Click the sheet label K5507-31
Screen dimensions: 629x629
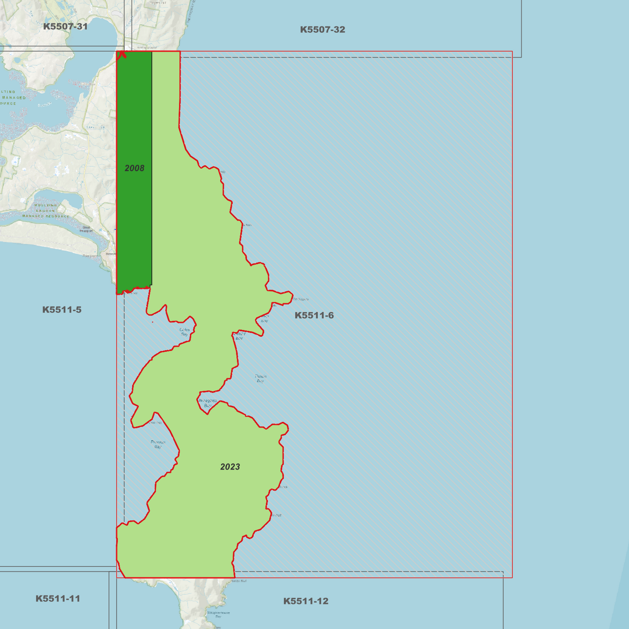[x=65, y=27]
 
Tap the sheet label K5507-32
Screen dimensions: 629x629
[x=323, y=30]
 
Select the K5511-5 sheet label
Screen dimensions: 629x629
[x=62, y=310]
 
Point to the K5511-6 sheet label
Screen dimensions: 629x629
[x=314, y=316]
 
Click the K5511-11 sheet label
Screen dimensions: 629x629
[x=58, y=599]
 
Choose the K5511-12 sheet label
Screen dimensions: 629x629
[x=306, y=601]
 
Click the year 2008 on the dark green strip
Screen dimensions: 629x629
[x=135, y=168]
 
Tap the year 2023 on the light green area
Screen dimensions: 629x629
[x=230, y=467]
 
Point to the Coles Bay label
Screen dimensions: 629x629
[x=185, y=332]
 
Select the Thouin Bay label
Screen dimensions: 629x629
[x=260, y=378]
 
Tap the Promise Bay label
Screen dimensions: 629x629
[x=158, y=444]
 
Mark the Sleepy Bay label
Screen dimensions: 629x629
[x=239, y=336]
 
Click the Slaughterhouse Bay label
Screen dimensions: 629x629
[x=218, y=614]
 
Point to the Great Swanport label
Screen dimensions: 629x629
[x=86, y=229]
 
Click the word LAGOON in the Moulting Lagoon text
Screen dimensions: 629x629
[x=45, y=211]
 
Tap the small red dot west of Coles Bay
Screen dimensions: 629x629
[x=152, y=322]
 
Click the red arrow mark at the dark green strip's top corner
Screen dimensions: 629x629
[x=122, y=54]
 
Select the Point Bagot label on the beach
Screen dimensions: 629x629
[x=90, y=256]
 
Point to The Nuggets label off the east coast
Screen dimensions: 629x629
[x=300, y=299]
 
